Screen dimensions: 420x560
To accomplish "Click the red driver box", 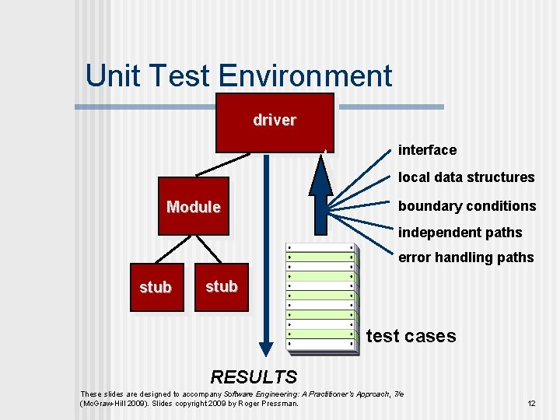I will [275, 122].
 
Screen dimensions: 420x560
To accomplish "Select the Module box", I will [194, 207].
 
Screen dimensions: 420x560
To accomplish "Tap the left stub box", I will [156, 288].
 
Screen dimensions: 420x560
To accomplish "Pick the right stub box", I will [222, 286].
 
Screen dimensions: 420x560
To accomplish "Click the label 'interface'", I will [427, 150].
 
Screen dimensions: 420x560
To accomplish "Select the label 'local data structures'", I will [466, 177].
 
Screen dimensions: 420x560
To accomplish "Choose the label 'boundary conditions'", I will [467, 206].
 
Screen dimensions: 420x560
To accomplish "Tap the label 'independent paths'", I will [460, 233].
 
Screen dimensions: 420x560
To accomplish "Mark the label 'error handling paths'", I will [466, 257].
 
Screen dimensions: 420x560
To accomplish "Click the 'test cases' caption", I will [411, 336].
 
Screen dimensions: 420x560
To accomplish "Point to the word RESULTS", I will [254, 377].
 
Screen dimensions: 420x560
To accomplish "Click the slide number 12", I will [531, 404].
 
